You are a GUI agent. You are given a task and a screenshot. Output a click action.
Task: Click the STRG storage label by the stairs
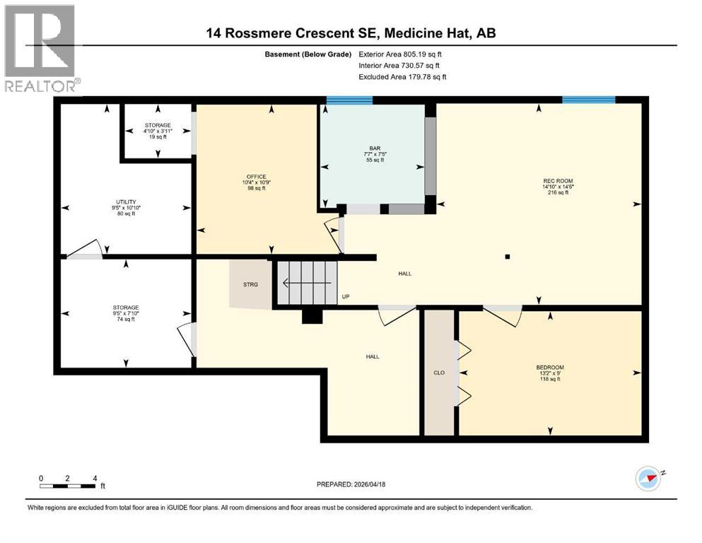251,284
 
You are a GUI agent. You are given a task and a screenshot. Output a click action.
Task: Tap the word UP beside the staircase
346,297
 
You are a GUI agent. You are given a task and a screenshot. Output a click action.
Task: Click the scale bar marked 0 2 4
68,485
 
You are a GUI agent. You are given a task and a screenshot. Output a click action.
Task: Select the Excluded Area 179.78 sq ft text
402,76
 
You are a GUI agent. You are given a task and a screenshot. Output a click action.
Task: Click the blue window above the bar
349,100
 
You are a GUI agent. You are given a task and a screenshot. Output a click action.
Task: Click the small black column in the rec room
508,257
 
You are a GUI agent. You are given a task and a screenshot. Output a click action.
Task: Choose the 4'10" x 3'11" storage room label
158,131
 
